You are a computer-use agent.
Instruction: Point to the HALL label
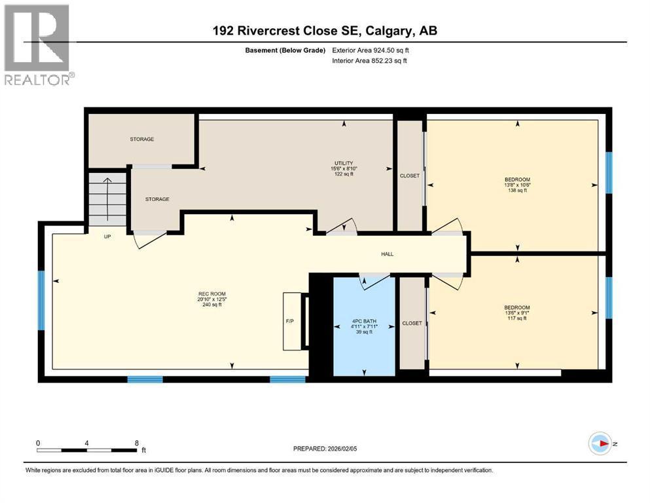(388, 254)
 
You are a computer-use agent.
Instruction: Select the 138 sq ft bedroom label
(516, 185)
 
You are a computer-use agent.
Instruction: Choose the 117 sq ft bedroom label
(516, 312)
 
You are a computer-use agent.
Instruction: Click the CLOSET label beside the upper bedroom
(410, 176)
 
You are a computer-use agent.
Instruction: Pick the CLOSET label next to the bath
(412, 323)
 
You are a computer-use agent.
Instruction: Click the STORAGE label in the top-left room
(141, 140)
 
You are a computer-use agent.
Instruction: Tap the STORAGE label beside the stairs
(157, 199)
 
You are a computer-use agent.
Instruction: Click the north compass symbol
(601, 444)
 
